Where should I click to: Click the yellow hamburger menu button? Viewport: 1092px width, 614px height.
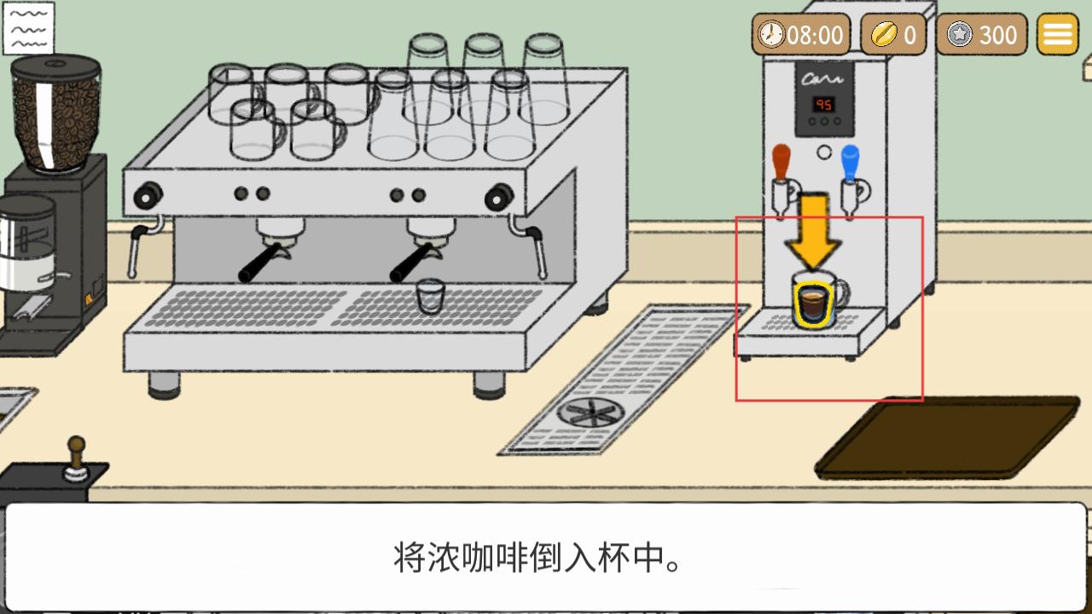pyautogui.click(x=1058, y=35)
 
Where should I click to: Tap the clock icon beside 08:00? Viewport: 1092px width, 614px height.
pyautogui.click(x=771, y=35)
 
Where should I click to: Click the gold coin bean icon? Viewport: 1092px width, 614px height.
pyautogui.click(x=882, y=35)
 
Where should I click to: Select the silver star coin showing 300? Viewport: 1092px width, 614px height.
pyautogui.click(x=960, y=35)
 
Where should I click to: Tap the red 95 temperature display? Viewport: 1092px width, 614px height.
pyautogui.click(x=823, y=104)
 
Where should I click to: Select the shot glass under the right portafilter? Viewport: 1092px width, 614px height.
pyautogui.click(x=430, y=296)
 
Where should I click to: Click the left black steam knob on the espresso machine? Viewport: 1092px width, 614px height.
pyautogui.click(x=147, y=195)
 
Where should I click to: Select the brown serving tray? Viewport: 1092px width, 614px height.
pyautogui.click(x=947, y=437)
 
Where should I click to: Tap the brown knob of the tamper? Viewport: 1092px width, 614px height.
pyautogui.click(x=77, y=446)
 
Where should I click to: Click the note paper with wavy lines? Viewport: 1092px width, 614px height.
pyautogui.click(x=28, y=28)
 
